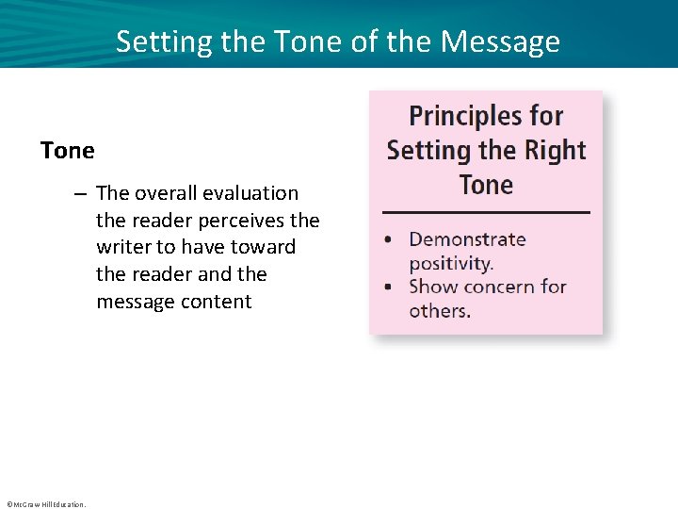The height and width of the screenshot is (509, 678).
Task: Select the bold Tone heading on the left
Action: click(x=68, y=151)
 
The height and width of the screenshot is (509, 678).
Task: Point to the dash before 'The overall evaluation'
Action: click(x=82, y=193)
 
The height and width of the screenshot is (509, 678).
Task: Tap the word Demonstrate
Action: click(x=467, y=239)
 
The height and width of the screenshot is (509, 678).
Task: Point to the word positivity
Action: click(x=451, y=263)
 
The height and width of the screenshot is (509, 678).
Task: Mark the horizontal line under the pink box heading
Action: click(x=486, y=212)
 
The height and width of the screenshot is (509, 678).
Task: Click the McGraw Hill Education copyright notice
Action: click(x=45, y=504)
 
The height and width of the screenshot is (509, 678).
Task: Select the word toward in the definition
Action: click(x=266, y=248)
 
